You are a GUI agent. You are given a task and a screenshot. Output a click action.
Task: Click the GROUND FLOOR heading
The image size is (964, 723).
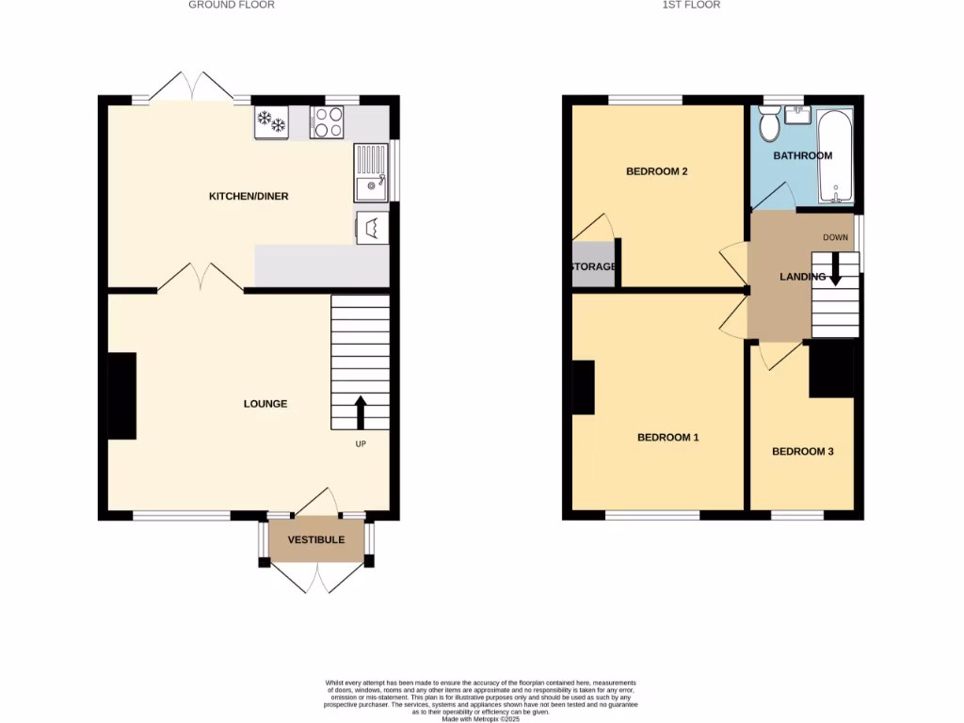232,5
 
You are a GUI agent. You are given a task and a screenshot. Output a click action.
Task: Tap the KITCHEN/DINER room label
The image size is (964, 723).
249,197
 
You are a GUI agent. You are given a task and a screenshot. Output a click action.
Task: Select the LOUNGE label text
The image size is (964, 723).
265,404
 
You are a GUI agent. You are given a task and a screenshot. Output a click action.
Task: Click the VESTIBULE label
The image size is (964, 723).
316,540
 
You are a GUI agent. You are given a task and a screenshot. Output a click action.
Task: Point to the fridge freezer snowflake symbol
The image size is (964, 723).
271,121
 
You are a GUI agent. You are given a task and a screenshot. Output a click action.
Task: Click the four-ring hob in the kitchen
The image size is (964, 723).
327,121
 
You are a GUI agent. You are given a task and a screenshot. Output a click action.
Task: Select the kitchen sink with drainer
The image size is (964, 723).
372,173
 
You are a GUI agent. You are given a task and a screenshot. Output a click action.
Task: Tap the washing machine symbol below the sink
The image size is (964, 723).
372,228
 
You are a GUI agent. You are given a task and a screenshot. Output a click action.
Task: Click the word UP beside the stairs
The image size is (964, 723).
361,444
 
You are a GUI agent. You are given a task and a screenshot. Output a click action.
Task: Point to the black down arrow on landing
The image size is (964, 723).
834,272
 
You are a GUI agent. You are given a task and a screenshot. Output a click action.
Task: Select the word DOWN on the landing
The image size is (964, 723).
835,237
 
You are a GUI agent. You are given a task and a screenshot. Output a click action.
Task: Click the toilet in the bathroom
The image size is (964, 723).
768,121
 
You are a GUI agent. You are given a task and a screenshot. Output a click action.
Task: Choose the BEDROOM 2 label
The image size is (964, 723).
657,171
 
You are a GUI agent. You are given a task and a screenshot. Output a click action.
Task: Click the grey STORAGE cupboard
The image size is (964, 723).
593,266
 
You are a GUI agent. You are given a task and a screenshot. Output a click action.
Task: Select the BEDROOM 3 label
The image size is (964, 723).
803,452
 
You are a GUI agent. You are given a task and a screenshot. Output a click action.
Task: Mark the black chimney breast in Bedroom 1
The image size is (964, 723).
583,388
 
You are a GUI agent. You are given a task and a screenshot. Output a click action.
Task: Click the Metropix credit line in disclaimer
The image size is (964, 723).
480,718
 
